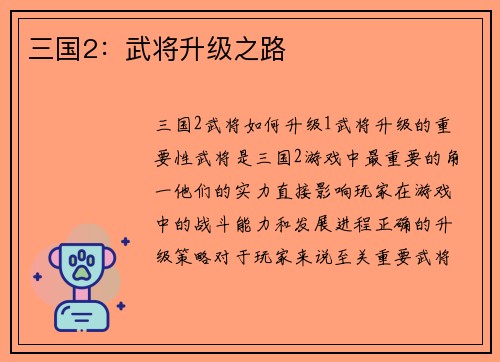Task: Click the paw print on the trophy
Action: coord(80,264)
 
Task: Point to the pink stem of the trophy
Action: coord(80,294)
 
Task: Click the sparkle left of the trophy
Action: coord(37,277)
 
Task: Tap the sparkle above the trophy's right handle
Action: coord(126,241)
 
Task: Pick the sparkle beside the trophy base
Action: coord(120,305)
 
